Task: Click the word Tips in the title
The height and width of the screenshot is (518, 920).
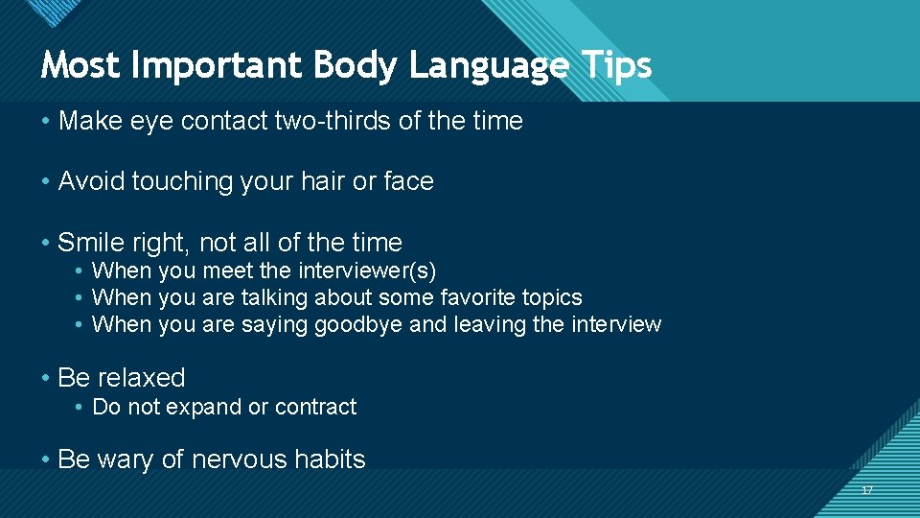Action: pos(616,65)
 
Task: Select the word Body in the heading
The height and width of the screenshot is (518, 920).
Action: pos(344,65)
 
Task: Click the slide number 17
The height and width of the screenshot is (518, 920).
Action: pos(867,490)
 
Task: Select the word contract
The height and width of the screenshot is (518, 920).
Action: pos(315,407)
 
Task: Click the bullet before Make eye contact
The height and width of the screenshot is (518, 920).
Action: pos(46,122)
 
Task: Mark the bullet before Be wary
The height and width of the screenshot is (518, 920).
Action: pos(46,460)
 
